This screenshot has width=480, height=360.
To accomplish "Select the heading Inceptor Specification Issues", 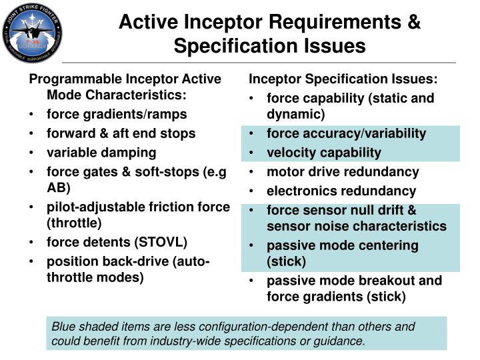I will (x=343, y=79).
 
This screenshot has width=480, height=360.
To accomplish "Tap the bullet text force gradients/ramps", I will (x=117, y=114).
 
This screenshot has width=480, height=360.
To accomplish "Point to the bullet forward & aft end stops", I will (x=121, y=133).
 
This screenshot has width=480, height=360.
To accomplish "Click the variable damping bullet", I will (x=101, y=153).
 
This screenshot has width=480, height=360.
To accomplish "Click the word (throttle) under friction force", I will (x=74, y=222).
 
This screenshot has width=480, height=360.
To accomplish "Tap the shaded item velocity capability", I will (x=324, y=153).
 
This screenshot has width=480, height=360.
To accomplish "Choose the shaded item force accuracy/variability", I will (x=346, y=133).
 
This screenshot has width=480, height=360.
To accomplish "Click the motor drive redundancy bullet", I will (x=343, y=172).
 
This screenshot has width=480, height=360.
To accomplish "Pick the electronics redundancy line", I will (x=341, y=191).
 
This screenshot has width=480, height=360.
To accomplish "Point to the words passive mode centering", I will (x=343, y=245).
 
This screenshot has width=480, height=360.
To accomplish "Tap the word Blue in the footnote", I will (x=65, y=327).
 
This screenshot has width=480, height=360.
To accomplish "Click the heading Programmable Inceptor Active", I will (x=125, y=79).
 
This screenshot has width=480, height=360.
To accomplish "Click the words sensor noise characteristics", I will (x=357, y=226).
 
